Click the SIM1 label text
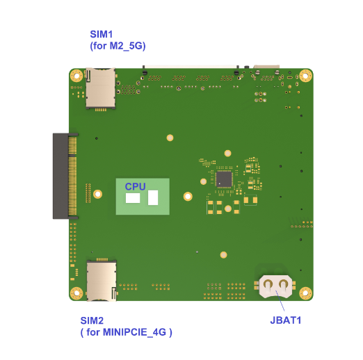point(102,34)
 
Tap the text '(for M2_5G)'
point(118,46)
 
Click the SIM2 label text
point(92,320)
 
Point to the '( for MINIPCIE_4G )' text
point(127,332)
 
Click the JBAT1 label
point(286,320)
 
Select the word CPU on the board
point(135,186)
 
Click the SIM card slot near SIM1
point(101,88)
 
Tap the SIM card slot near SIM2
point(102,280)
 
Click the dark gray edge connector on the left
point(65,176)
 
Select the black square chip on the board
point(224,179)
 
